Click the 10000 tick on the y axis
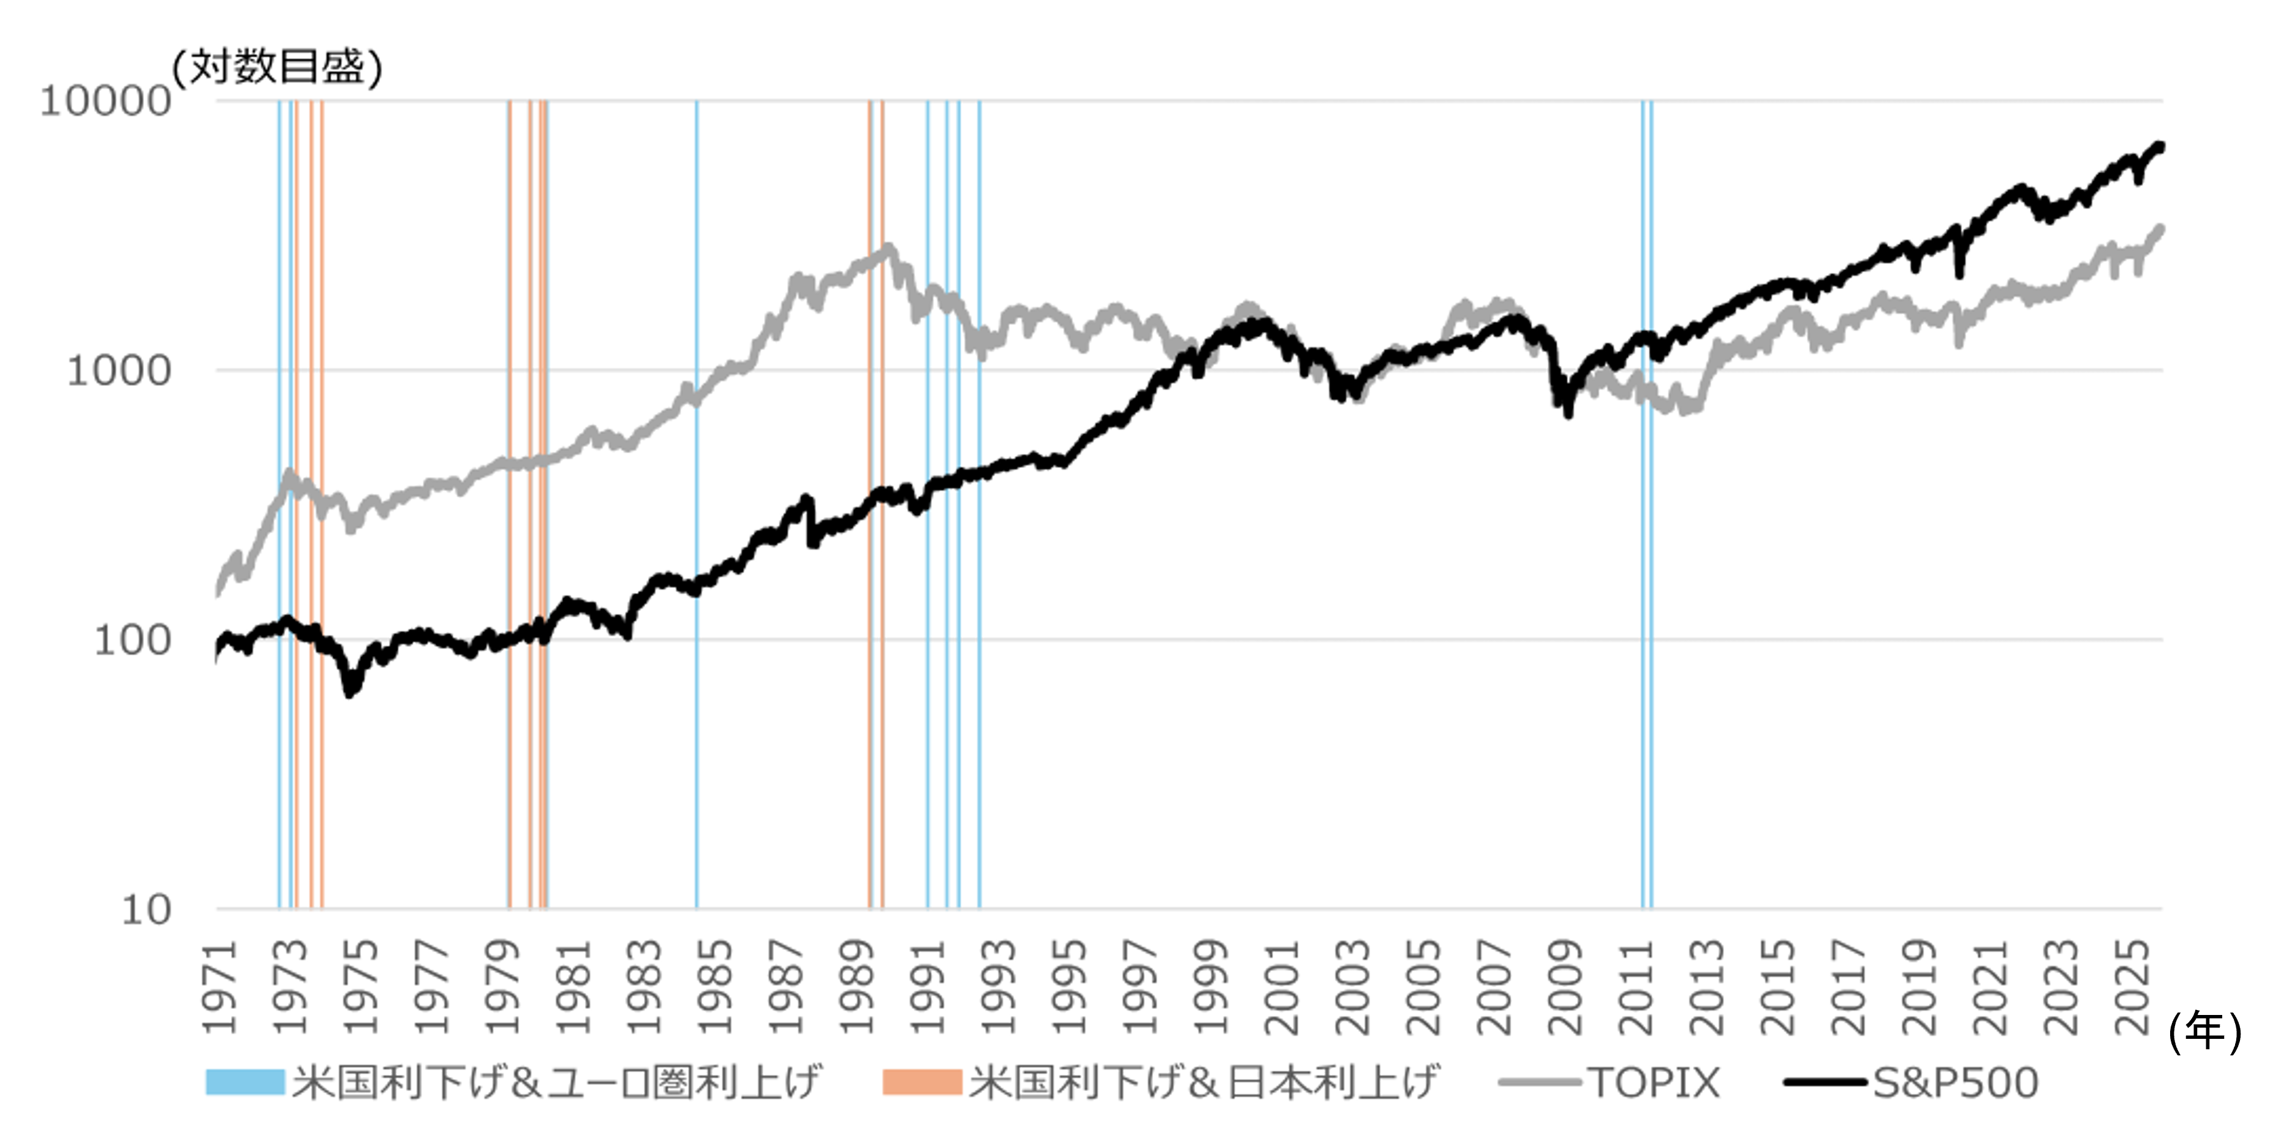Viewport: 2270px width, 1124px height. (104, 101)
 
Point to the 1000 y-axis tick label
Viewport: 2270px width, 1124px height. (118, 371)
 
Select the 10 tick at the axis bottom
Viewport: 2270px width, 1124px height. (145, 910)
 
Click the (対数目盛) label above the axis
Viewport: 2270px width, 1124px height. (277, 67)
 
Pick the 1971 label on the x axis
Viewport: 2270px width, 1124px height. (221, 987)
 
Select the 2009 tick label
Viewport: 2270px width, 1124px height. (1565, 987)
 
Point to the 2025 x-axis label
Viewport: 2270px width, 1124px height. (2132, 987)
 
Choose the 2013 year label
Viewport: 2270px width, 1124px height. (1707, 987)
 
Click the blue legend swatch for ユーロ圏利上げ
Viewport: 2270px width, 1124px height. (245, 1082)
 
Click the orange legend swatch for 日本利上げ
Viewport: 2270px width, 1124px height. (921, 1082)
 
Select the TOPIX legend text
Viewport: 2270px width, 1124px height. (1653, 1082)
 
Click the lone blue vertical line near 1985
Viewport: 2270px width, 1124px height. (696, 529)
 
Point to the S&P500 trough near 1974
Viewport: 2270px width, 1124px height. (350, 692)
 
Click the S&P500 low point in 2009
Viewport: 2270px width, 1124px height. (1568, 414)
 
